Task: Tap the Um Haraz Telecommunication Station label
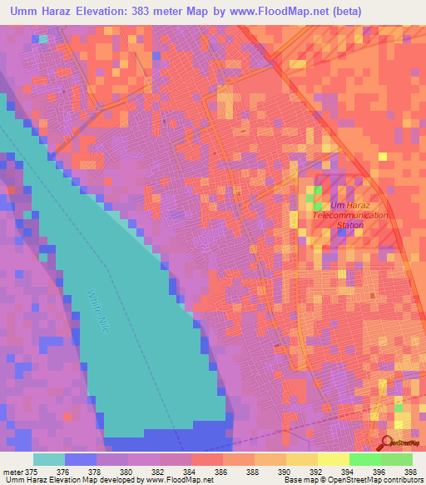348,215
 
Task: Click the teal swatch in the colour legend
49,459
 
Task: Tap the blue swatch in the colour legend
81,459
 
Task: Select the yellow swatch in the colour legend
333,459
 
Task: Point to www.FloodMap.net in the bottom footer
179,480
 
